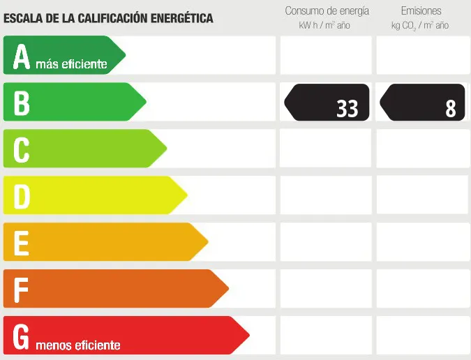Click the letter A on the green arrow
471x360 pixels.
[x=22, y=57]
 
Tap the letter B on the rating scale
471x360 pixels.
[x=22, y=103]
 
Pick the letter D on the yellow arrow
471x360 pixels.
[x=22, y=197]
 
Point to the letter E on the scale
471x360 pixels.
[x=22, y=243]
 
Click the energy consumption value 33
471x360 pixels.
[x=347, y=108]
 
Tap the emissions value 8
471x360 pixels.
[x=451, y=108]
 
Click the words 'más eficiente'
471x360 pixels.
[x=71, y=65]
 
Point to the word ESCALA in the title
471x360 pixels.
[x=26, y=18]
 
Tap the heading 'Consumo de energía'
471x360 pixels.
[x=327, y=11]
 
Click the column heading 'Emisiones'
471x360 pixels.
[x=420, y=11]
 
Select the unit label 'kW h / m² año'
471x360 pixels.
[x=324, y=25]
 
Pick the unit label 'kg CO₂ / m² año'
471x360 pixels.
[x=420, y=25]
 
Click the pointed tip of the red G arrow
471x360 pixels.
[x=248, y=335]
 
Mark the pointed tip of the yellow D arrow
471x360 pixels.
[x=187, y=195]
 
